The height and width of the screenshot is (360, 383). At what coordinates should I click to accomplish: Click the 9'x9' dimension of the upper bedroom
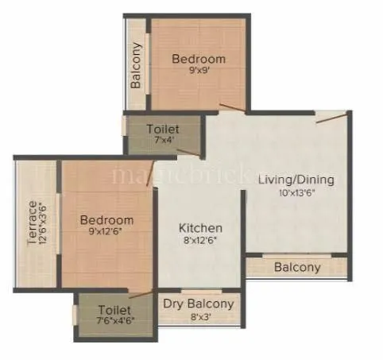tap(199, 70)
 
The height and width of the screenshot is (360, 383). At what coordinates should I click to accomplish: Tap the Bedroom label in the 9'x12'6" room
tap(106, 219)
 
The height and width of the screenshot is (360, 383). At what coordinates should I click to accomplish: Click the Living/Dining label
tap(296, 179)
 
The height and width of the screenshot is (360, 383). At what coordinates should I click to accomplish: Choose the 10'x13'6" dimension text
tap(296, 192)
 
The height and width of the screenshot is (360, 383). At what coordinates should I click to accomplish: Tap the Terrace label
tap(32, 224)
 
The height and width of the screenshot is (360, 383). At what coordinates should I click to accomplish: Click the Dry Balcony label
tap(199, 304)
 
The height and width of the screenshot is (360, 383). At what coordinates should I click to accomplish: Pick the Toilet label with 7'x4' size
tap(163, 129)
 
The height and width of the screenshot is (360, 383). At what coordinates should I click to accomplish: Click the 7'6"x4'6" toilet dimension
tap(115, 322)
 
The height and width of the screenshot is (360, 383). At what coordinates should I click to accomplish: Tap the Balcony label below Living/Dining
tap(297, 267)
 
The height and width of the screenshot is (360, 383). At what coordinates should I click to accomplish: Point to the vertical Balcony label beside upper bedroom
tap(136, 64)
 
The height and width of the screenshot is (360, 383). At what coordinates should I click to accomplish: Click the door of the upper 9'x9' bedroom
tap(233, 108)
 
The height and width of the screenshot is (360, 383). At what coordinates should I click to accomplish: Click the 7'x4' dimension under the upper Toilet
tap(163, 140)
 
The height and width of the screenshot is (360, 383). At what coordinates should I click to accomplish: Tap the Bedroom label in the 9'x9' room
tap(199, 58)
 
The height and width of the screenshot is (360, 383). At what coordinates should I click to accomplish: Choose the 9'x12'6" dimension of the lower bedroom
tap(106, 231)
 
